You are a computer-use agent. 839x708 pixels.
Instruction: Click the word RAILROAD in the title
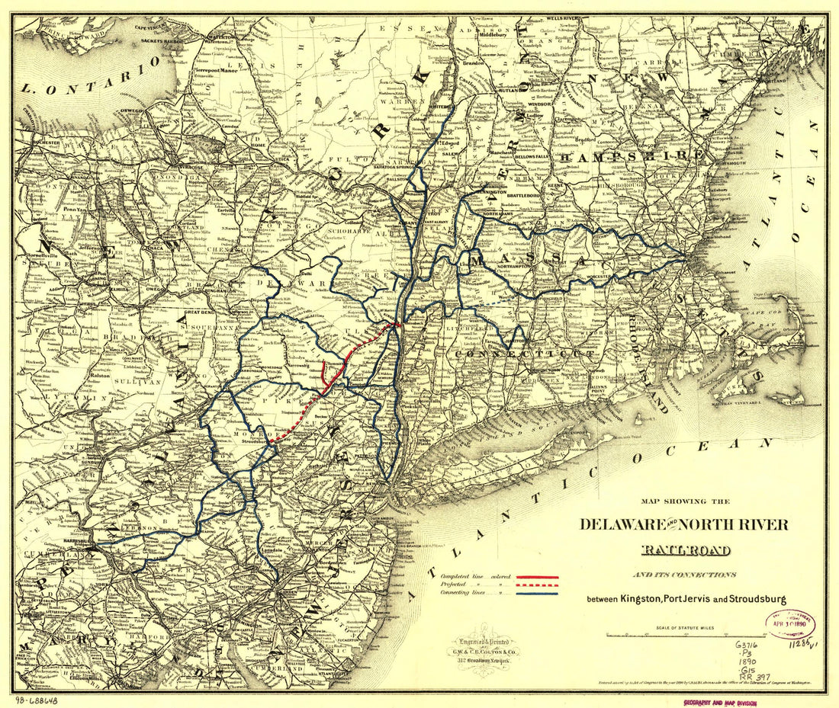coord(685,550)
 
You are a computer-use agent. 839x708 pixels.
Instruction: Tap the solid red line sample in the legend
coord(538,578)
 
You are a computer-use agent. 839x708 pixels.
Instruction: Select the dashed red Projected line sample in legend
coord(538,585)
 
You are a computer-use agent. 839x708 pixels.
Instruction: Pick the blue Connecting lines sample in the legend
coord(538,593)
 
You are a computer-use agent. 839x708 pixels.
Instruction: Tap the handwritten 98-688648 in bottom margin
coord(37,700)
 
